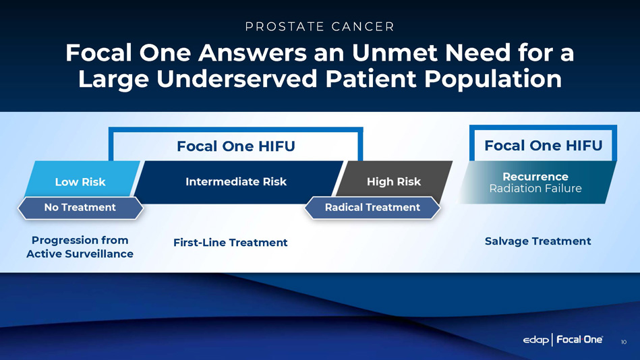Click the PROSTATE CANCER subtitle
click(x=320, y=26)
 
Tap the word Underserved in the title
click(x=237, y=79)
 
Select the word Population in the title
click(x=493, y=80)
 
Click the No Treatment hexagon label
click(x=80, y=208)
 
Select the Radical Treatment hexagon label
click(x=372, y=208)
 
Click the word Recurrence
click(x=535, y=177)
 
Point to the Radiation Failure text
click(x=535, y=189)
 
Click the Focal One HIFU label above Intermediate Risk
click(x=236, y=146)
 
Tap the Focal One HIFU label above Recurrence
click(x=544, y=146)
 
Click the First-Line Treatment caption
click(x=230, y=243)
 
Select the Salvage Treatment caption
click(x=538, y=241)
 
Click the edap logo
click(x=536, y=340)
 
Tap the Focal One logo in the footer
click(x=579, y=339)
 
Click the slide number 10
click(x=624, y=342)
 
